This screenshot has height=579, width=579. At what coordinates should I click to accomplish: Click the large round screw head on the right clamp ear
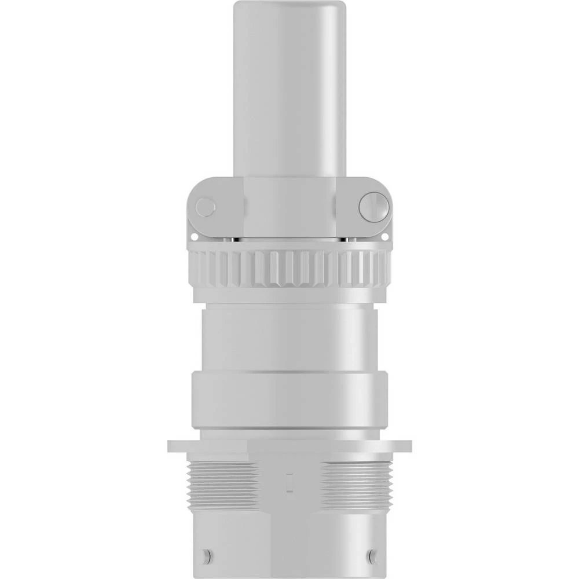[x=373, y=207]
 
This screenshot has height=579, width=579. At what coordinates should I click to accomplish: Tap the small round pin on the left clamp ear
[x=205, y=207]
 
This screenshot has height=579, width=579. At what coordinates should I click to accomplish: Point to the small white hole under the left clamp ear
[x=195, y=236]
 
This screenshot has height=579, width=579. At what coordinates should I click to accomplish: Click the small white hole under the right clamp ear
[x=384, y=236]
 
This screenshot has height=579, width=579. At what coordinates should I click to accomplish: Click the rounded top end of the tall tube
[x=289, y=9]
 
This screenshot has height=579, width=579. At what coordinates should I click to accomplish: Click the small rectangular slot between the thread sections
[x=289, y=483]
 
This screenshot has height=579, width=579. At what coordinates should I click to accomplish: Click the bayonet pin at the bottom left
[x=206, y=556]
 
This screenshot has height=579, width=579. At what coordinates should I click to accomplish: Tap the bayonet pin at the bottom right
[x=373, y=556]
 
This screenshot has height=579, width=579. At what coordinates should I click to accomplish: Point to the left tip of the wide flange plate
[x=171, y=446]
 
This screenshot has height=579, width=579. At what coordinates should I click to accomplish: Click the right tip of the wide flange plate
[x=408, y=446]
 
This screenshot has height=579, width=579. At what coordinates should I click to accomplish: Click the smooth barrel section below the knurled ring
[x=289, y=339]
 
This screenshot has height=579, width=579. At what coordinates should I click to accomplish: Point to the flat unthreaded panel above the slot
[x=289, y=460]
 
